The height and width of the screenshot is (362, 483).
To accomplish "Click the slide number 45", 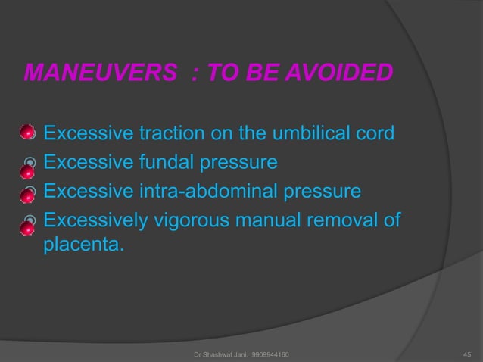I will (466, 354).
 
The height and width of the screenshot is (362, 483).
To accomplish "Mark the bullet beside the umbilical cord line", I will (27, 134).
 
